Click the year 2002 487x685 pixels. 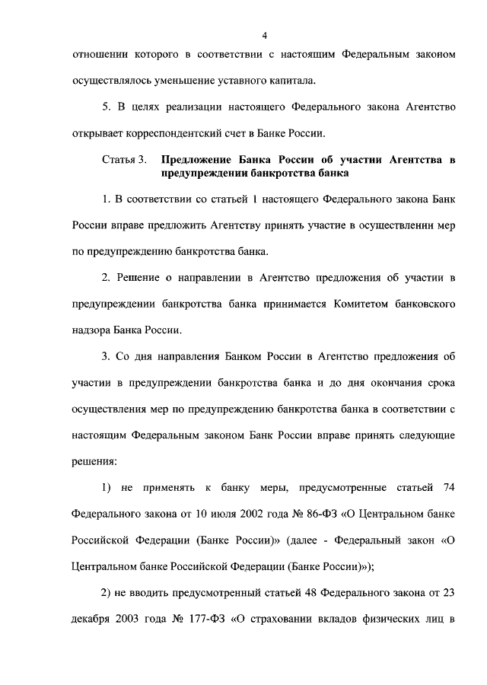point(247,513)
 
